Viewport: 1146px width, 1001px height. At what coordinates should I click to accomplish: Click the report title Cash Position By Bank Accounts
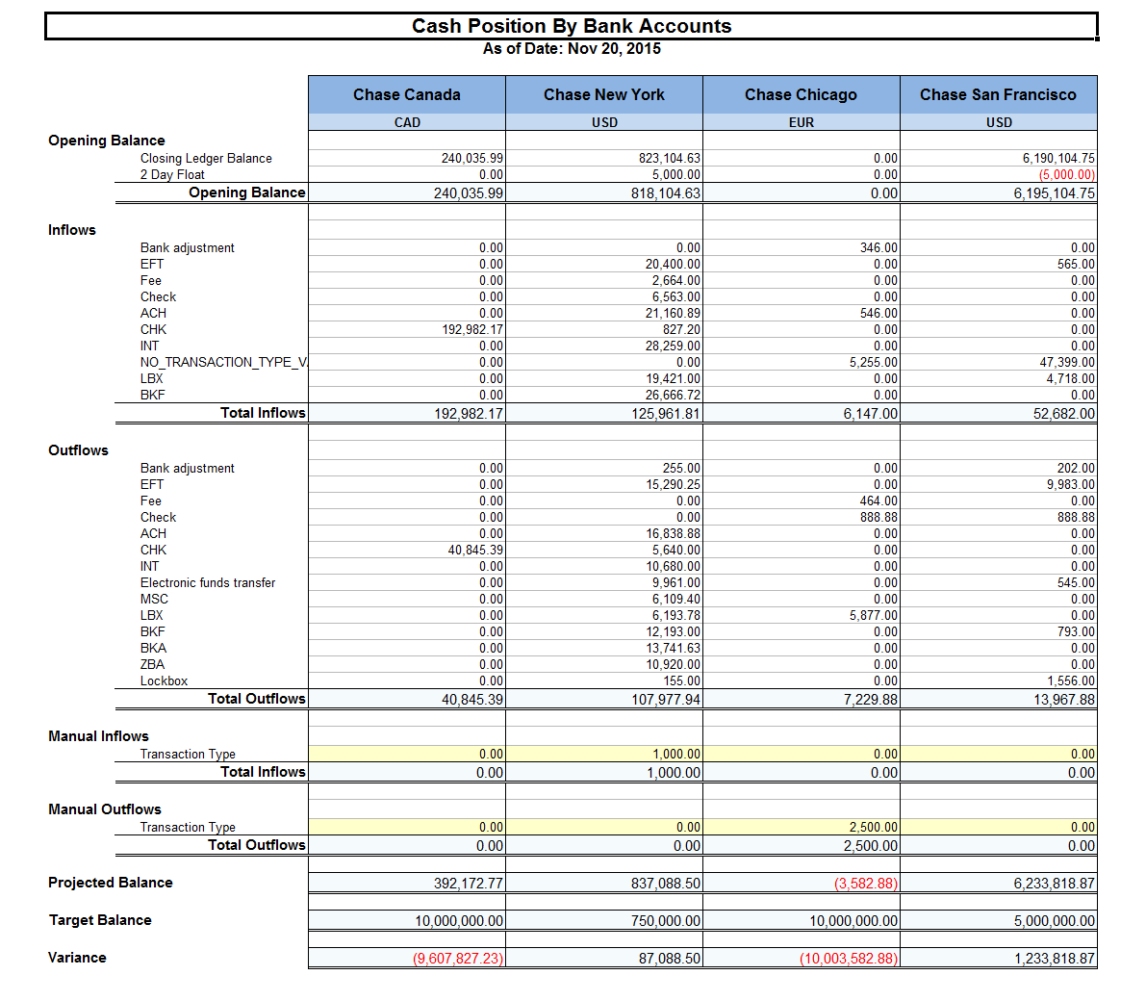click(x=572, y=26)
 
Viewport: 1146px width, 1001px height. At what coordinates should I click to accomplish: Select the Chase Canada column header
click(x=406, y=94)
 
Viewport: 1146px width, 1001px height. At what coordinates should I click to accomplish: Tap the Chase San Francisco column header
click(x=998, y=94)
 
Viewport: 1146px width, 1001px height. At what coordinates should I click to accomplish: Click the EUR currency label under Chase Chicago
click(x=801, y=122)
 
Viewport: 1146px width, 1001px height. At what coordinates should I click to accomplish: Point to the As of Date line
click(x=572, y=49)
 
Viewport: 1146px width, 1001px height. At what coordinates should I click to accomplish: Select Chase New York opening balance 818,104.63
click(x=666, y=193)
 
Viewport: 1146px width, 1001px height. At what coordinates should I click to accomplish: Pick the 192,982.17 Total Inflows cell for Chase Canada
click(x=469, y=414)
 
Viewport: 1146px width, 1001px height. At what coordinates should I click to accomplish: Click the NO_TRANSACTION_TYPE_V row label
click(x=223, y=362)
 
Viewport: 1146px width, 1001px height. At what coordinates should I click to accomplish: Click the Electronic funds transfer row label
click(x=208, y=582)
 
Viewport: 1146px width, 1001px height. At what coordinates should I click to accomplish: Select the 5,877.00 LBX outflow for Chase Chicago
click(x=873, y=616)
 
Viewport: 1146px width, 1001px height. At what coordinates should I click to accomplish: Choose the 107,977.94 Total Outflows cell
click(x=666, y=700)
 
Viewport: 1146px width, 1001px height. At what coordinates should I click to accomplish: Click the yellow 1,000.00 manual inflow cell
click(x=676, y=755)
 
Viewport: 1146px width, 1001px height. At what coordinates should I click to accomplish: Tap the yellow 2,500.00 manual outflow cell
click(x=874, y=828)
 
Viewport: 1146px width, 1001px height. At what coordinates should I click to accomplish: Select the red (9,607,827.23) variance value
click(x=458, y=959)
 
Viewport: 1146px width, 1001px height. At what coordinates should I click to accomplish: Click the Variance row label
click(x=77, y=958)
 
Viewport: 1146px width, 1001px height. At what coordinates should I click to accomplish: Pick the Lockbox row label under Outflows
click(x=164, y=680)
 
